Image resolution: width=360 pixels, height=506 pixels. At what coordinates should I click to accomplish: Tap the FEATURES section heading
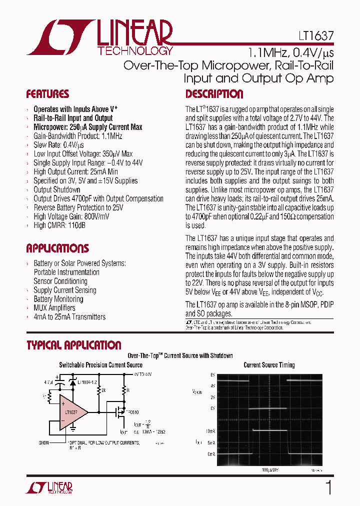[x=47, y=94]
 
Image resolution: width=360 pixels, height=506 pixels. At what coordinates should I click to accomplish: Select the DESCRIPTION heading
[x=214, y=94]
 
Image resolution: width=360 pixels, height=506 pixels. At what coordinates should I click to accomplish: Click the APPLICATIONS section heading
[x=57, y=248]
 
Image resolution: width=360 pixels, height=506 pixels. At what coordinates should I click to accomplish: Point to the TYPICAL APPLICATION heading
[x=73, y=345]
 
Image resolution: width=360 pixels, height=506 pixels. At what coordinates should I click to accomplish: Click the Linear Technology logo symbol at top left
[x=60, y=37]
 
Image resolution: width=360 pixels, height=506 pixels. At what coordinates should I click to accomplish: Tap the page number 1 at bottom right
[x=328, y=487]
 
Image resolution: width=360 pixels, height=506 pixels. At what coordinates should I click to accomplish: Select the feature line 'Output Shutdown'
[x=56, y=189]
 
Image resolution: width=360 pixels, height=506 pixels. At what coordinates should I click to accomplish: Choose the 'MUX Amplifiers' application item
[x=54, y=308]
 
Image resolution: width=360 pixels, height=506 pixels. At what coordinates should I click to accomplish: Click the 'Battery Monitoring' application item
[x=58, y=299]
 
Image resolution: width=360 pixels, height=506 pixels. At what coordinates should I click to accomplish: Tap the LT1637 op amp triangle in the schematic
[x=72, y=412]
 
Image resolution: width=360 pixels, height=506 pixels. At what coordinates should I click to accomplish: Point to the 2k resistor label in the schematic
[x=103, y=388]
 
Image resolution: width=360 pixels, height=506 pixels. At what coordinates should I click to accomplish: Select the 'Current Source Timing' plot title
[x=269, y=365]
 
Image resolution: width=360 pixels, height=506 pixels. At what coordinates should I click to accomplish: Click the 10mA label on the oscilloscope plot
[x=209, y=430]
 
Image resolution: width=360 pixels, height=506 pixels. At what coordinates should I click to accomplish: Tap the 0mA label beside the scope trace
[x=211, y=454]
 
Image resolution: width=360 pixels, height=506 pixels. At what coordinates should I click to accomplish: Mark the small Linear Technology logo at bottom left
[x=54, y=487]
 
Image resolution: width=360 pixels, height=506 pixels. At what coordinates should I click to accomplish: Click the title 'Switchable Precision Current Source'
[x=100, y=365]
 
